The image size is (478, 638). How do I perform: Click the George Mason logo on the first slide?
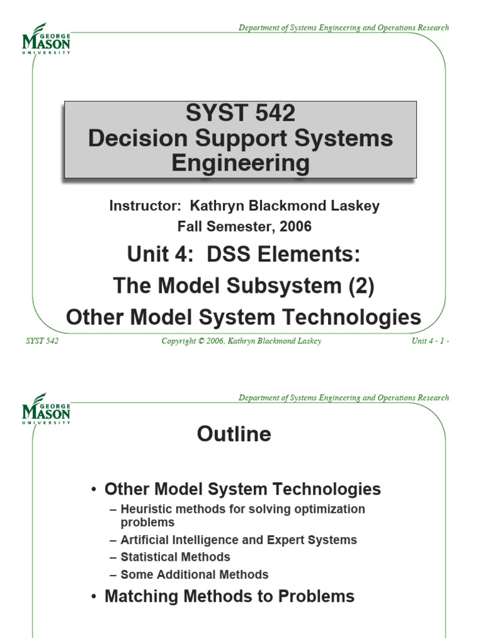(x=46, y=39)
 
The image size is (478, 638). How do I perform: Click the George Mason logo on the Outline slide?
(x=46, y=408)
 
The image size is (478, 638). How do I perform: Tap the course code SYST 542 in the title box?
(x=240, y=114)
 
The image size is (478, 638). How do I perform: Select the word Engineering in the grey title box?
(x=240, y=163)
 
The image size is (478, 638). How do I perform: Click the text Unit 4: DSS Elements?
(x=243, y=255)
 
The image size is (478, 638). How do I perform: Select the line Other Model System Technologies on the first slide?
(x=243, y=317)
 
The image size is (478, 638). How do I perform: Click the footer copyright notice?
(x=241, y=341)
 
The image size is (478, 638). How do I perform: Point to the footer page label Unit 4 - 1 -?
(x=430, y=341)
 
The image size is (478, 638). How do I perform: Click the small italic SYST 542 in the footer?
(x=42, y=341)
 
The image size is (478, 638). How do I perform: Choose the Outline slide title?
(x=234, y=434)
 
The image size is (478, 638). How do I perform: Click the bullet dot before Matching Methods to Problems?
(x=93, y=597)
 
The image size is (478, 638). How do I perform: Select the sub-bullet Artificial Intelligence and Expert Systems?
(x=238, y=540)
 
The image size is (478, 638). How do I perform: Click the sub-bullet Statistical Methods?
(x=175, y=557)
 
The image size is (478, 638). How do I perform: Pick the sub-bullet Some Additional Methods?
(x=194, y=574)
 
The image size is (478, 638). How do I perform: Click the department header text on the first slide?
(x=344, y=27)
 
